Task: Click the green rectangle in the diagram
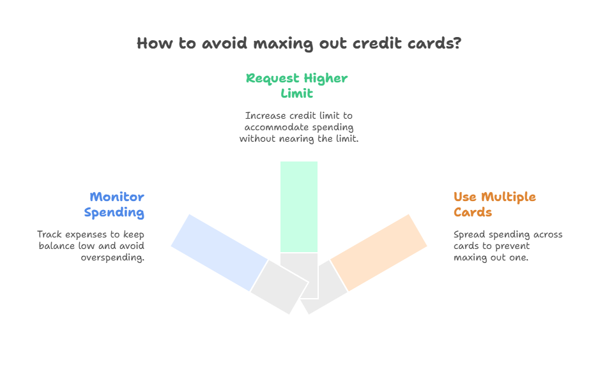(x=299, y=207)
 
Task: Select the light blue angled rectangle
(x=219, y=253)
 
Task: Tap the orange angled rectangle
(x=378, y=253)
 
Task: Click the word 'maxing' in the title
(x=283, y=43)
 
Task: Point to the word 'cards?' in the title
(x=434, y=43)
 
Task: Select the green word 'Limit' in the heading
(x=296, y=93)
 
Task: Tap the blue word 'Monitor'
(x=117, y=197)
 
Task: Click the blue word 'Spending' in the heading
(x=114, y=213)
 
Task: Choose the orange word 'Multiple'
(x=509, y=197)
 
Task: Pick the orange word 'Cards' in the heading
(x=473, y=213)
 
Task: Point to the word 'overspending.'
(x=112, y=258)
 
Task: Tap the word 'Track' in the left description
(x=50, y=234)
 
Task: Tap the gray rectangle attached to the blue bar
(x=279, y=287)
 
